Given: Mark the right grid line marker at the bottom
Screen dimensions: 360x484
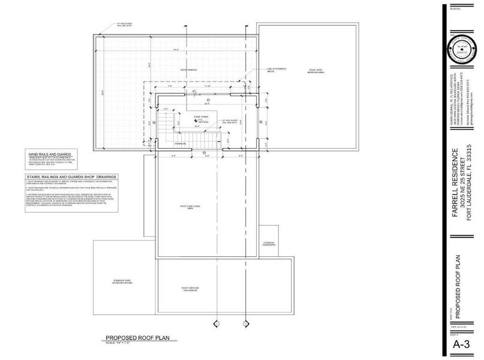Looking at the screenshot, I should point(245,324).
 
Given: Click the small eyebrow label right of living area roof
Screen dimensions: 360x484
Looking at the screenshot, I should point(269,244).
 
